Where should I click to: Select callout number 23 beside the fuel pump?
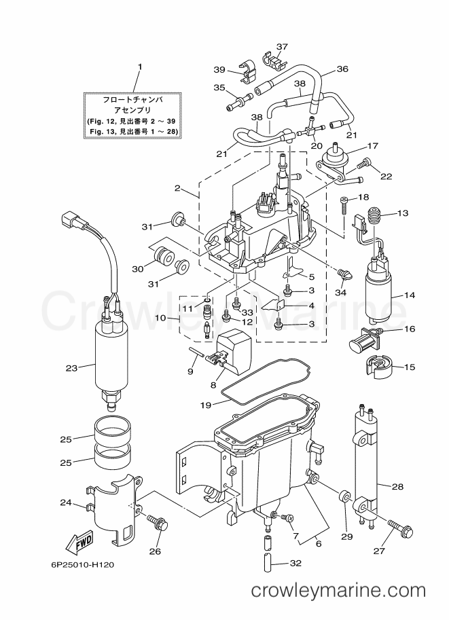point(71,368)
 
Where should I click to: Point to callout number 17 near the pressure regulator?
point(372,146)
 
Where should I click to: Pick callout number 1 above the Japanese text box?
point(140,67)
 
